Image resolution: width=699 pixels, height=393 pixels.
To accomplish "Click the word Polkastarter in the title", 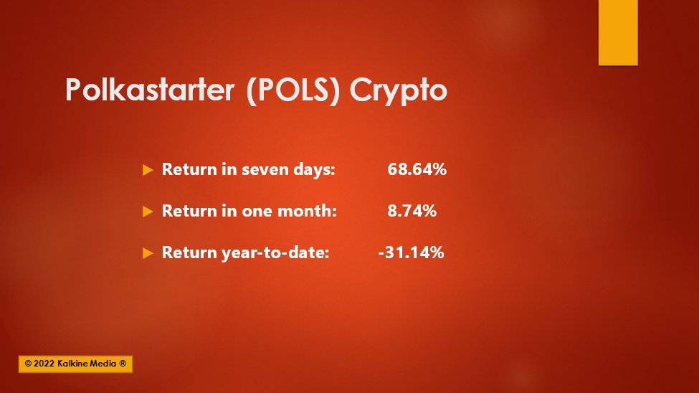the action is coord(150,90).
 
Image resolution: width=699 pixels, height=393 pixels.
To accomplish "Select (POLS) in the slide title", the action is coord(293,90).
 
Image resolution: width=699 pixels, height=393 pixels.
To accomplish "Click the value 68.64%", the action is coord(417,169).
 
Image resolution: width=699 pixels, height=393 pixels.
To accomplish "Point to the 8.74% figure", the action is coord(412,211).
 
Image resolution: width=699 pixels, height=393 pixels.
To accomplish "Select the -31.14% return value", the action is coord(411,252).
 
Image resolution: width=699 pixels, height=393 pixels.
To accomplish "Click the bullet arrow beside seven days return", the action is coord(148,170).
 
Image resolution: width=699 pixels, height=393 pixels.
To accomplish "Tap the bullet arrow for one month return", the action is coord(148,212).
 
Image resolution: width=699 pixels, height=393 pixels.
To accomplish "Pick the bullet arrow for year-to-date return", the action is coord(148,253).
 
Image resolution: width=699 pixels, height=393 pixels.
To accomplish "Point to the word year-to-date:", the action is coord(275,253).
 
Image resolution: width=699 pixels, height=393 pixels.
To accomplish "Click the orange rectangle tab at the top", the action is coord(618,32).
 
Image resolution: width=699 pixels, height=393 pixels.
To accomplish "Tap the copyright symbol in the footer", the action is coord(28,364).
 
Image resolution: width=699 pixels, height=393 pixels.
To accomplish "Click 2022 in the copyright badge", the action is coord(44,364).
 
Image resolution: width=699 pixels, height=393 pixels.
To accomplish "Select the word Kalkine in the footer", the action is coord(73,364).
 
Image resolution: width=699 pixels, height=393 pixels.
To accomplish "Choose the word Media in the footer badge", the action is coord(104,364).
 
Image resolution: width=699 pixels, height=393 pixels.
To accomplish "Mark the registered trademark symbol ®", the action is coord(123,364).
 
